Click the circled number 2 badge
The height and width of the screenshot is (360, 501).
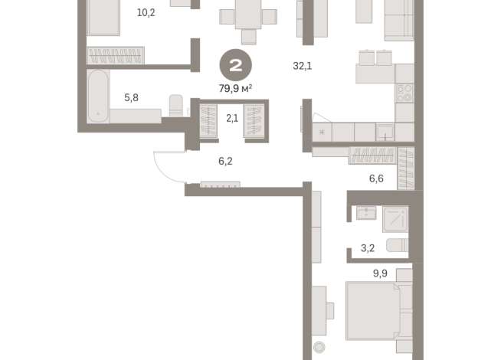(x=235, y=64)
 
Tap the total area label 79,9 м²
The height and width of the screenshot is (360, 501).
(x=236, y=88)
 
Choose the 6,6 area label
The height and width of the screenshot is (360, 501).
(x=376, y=178)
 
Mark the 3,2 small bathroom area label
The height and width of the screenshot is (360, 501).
(x=368, y=248)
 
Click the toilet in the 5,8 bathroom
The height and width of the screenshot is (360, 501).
(x=175, y=106)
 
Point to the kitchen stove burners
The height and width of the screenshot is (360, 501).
(x=404, y=93)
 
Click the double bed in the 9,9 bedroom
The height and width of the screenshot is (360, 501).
(x=377, y=312)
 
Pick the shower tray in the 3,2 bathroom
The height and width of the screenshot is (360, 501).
(x=396, y=218)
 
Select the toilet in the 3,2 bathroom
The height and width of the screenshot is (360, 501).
(x=396, y=245)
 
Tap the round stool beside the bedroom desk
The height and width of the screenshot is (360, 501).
(x=319, y=348)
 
